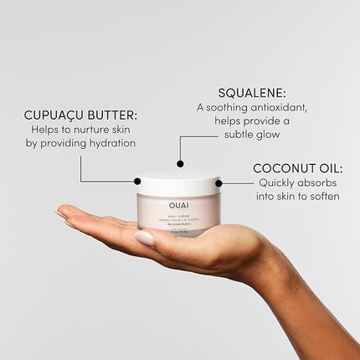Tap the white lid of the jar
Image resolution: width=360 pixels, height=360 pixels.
point(178,183)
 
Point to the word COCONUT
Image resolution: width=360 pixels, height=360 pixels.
point(281,167)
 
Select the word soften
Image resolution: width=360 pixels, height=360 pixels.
point(321,196)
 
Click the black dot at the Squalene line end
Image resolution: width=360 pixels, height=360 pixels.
point(179,164)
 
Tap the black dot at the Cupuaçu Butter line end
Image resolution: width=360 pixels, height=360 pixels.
point(137,181)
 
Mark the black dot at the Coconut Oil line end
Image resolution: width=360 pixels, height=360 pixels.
point(219,182)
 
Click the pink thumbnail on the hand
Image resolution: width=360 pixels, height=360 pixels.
point(145,238)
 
